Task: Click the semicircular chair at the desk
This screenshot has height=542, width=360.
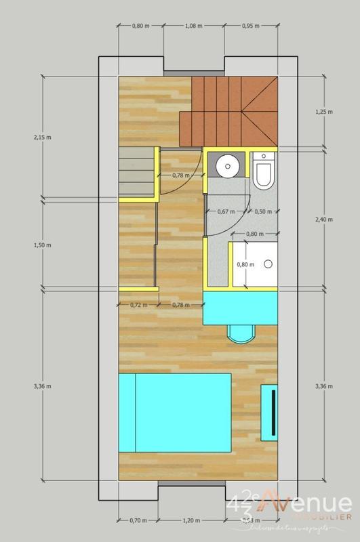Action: coord(241,332)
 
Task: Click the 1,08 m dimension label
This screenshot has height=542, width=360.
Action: coord(194,26)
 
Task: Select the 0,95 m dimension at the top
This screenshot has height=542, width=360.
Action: coord(251,26)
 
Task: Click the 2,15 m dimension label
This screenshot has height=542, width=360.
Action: coord(33,138)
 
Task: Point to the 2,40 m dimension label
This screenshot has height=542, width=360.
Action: coord(327,219)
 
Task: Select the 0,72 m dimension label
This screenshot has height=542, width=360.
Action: coord(138,304)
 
